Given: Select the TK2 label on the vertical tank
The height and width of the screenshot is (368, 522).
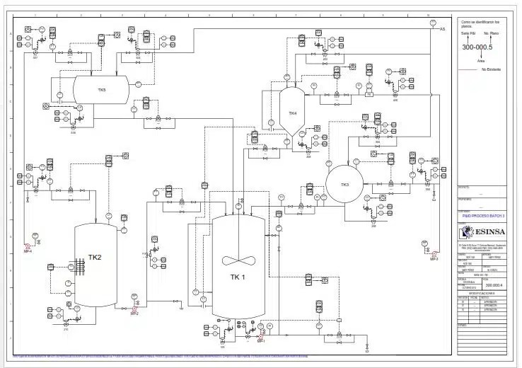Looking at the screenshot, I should (x=95, y=257).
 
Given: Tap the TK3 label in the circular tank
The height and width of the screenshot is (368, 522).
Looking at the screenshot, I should (x=344, y=185).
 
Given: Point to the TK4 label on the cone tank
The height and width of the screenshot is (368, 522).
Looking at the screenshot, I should (x=292, y=113).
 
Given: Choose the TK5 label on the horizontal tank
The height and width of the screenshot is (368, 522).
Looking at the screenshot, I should (x=102, y=90).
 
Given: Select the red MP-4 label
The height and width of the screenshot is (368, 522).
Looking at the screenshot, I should (x=28, y=251).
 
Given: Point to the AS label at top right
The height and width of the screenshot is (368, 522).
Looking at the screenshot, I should (x=443, y=29).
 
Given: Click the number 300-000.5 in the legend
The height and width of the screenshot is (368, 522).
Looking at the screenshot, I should (x=477, y=47).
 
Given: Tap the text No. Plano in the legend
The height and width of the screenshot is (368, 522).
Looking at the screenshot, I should (x=492, y=33).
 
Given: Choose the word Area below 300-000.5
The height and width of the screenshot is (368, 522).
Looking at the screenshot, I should (x=481, y=62).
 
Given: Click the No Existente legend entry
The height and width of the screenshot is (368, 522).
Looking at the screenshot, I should (x=491, y=69).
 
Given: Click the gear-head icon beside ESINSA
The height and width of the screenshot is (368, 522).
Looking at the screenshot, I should (x=465, y=231).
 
